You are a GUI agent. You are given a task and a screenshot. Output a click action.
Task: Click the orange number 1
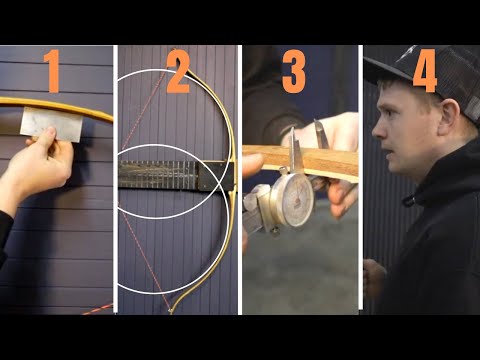coord(53,72)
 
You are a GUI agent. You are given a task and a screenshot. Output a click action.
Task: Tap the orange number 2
coord(178,72)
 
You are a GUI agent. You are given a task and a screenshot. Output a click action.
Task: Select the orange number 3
coord(293,72)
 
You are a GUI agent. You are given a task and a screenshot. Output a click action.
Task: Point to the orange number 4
coord(424,72)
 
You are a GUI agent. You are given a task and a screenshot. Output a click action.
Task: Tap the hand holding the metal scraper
coord(38,165)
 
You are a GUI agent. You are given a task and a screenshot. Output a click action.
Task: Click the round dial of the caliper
coord(291,197)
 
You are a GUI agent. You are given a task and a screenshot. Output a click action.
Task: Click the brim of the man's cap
coord(384,75)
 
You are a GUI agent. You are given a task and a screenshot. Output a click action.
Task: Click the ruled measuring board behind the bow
coord(160,174)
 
